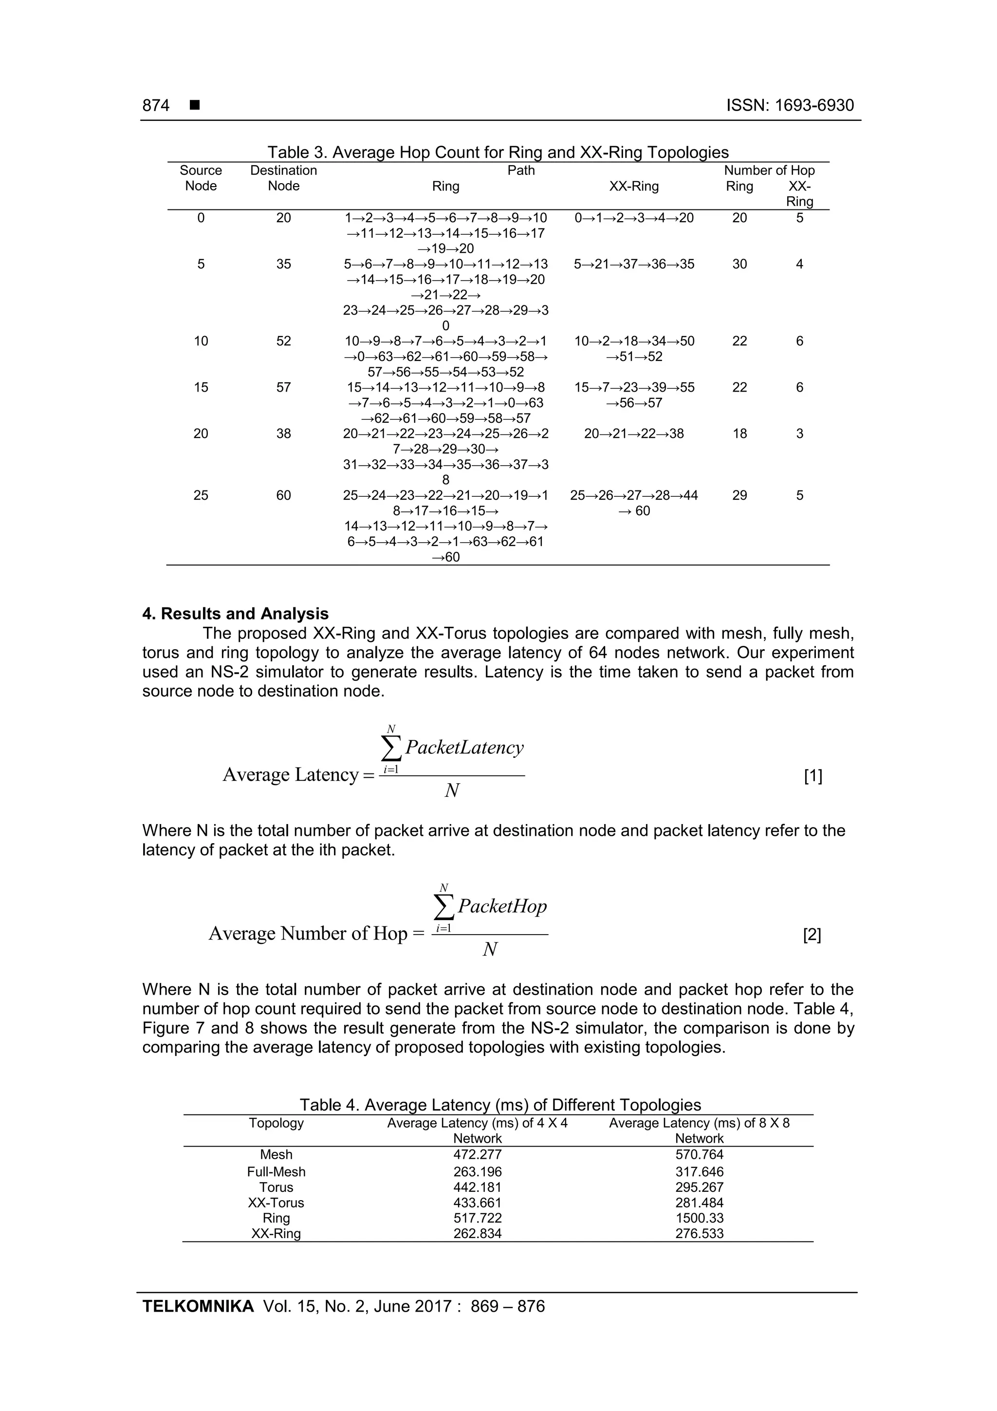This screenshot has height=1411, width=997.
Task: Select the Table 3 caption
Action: pos(498,152)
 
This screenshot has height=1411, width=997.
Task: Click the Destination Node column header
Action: pos(283,178)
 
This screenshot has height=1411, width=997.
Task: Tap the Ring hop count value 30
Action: pos(739,264)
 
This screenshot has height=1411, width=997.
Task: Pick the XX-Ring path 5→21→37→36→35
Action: pos(634,264)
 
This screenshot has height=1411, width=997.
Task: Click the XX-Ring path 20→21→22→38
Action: pos(633,434)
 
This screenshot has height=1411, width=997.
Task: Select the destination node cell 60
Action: pos(283,495)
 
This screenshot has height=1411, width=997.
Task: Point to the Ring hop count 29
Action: pos(739,495)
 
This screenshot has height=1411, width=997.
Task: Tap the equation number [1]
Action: pos(812,776)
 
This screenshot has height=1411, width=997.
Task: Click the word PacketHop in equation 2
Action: pos(502,906)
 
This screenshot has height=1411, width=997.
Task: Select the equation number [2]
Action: pos(812,935)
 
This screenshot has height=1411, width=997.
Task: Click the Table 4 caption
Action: pos(500,1105)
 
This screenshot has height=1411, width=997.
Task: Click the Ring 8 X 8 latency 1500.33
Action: pos(699,1218)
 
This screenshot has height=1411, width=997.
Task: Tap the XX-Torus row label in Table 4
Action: pos(276,1203)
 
